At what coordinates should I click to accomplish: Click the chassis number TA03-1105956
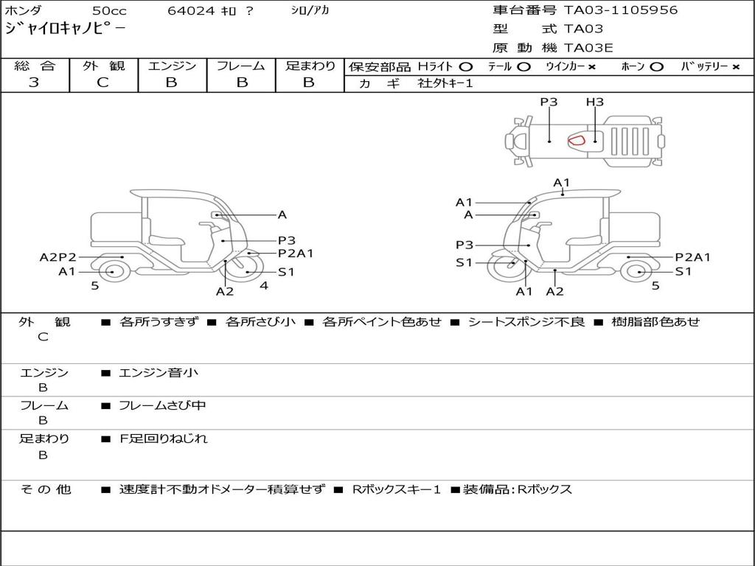point(621,10)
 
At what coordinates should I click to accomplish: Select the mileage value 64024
point(192,11)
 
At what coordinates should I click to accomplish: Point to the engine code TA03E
point(588,49)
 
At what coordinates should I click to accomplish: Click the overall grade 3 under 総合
point(34,83)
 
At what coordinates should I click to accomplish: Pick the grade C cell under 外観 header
point(102,83)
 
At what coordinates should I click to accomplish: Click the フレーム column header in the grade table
point(240,66)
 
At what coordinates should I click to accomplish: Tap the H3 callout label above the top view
point(594,102)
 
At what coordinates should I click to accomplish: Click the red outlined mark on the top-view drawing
point(577,139)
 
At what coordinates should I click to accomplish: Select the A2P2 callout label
point(58,257)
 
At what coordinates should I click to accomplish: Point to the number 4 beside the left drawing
point(264,285)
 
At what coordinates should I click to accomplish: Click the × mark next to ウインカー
point(591,67)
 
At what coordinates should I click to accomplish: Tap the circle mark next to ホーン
point(657,67)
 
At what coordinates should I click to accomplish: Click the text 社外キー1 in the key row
point(445,83)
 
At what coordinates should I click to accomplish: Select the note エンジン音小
point(159,373)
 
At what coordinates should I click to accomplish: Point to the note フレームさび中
point(163,405)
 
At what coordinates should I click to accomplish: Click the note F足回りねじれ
point(164,439)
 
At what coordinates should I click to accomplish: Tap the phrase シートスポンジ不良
point(526,322)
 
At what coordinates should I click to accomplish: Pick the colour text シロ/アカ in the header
point(310,11)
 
